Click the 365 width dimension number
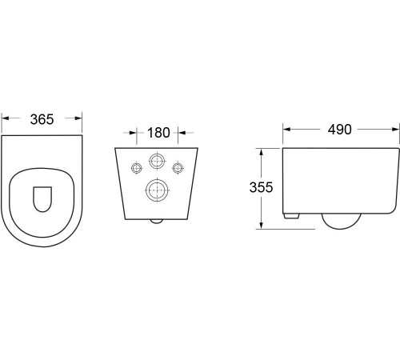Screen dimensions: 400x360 tap(42, 119)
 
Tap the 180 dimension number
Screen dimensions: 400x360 tap(158, 133)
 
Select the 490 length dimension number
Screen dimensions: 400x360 tap(339, 130)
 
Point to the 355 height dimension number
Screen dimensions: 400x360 tap(261, 187)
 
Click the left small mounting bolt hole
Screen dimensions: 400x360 tap(137, 168)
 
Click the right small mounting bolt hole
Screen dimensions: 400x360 tap(178, 168)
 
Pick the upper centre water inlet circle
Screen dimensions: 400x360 tap(157, 161)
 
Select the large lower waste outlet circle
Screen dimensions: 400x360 tap(158, 190)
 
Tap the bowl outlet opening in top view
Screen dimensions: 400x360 tap(42, 199)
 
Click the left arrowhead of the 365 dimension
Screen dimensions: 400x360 tap(5, 118)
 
